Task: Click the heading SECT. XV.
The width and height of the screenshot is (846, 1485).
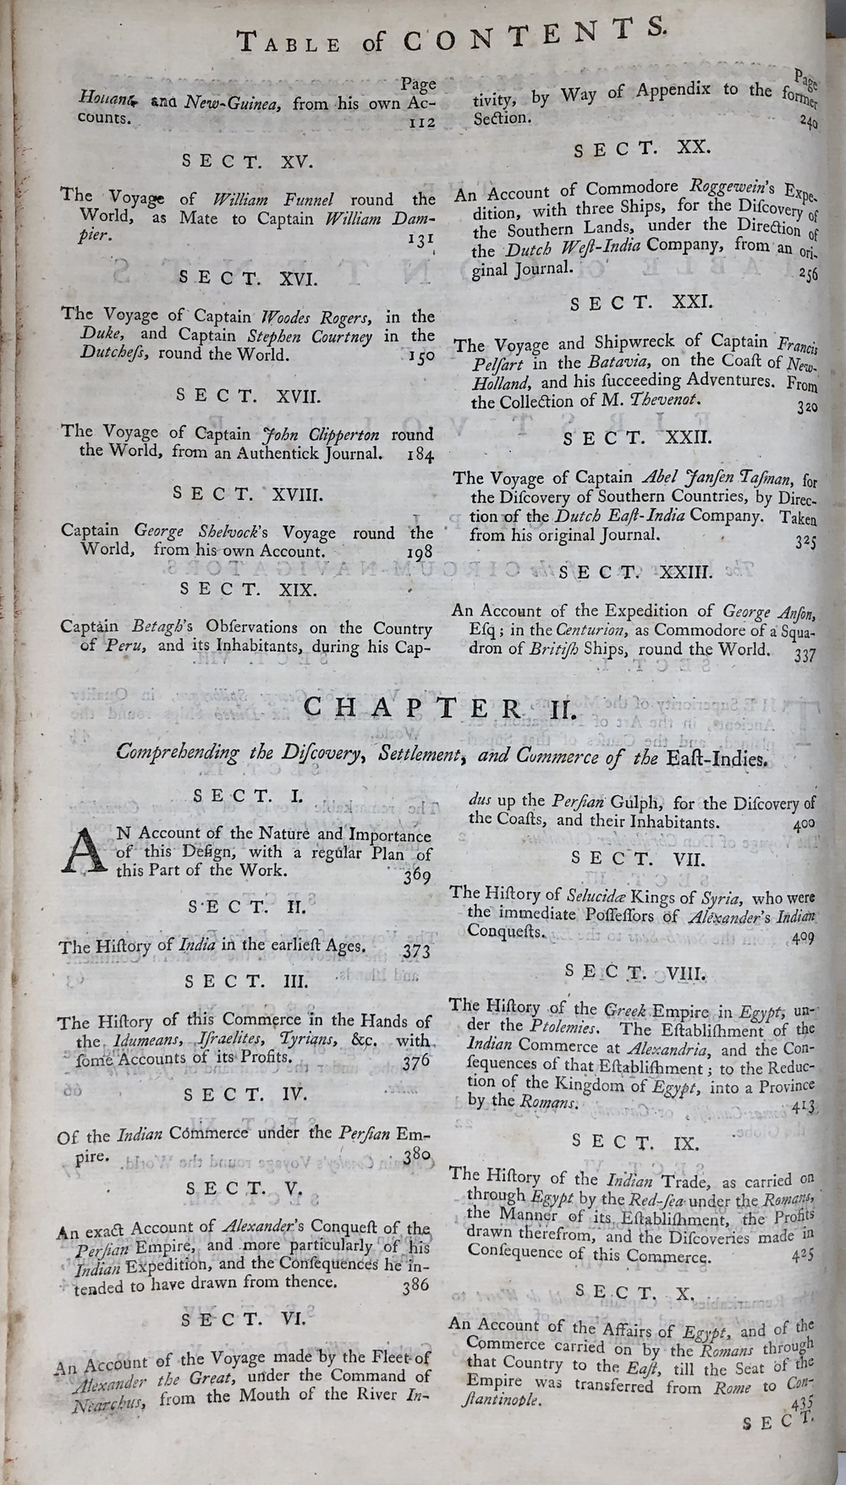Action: (248, 161)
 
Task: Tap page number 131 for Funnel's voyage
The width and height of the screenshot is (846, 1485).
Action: (420, 239)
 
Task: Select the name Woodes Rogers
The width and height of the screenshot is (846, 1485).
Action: (314, 317)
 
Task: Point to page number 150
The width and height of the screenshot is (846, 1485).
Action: (420, 356)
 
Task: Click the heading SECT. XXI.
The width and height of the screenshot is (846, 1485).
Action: (641, 304)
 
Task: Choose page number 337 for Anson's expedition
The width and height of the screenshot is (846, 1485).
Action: (805, 654)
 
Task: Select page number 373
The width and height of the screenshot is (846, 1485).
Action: (415, 951)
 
